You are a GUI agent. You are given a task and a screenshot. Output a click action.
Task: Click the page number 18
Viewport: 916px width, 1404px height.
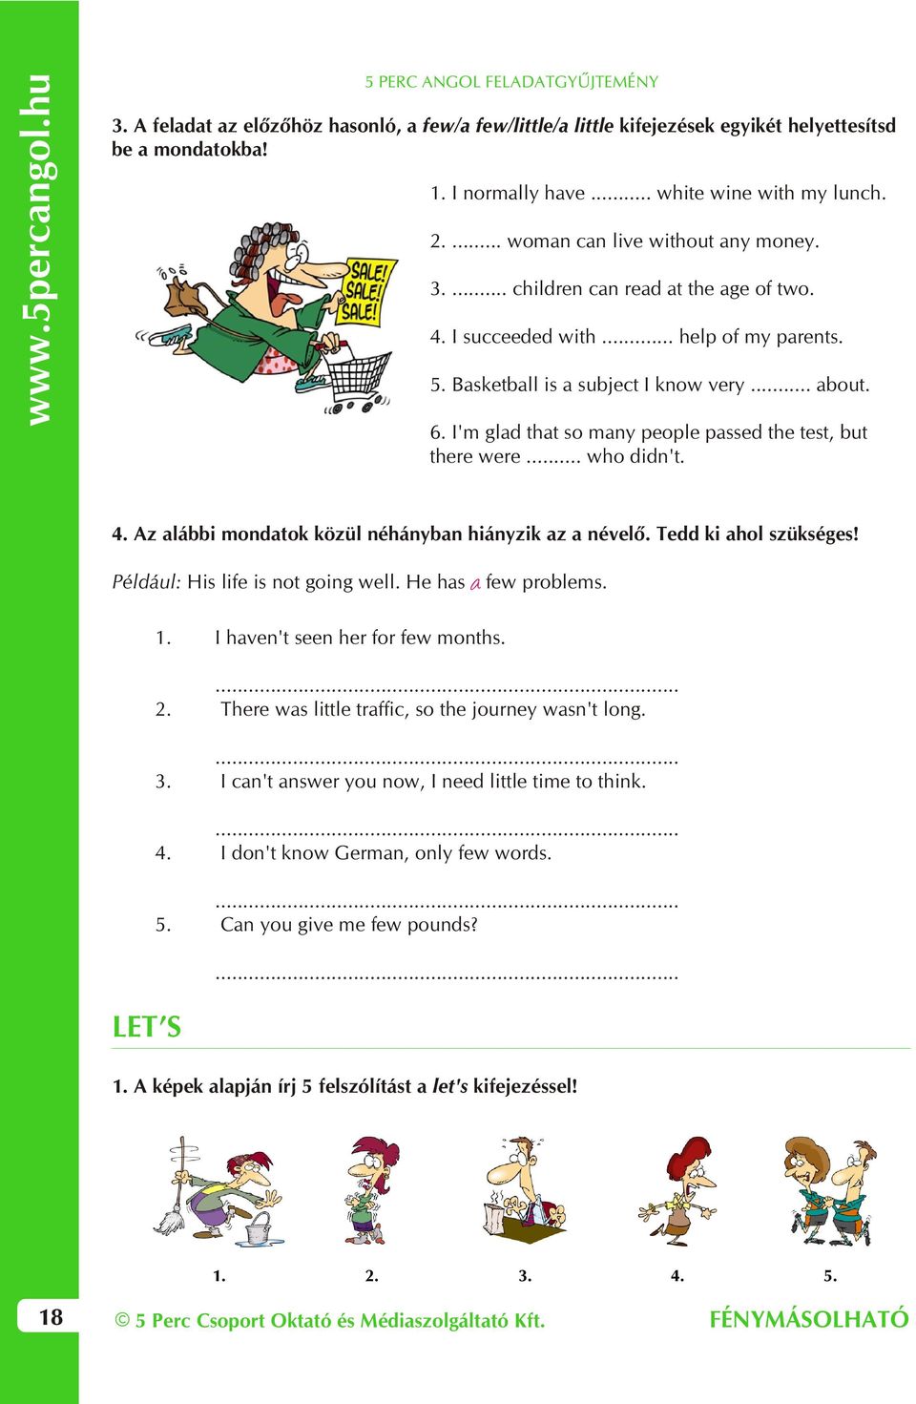(x=51, y=1317)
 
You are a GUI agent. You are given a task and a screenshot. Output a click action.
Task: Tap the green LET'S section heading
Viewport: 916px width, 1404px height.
(x=146, y=1027)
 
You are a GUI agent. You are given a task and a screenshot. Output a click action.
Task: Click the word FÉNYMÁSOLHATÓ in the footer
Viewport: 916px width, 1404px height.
(x=808, y=1319)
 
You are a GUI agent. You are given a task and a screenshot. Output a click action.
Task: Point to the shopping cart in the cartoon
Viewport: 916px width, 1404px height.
(x=358, y=377)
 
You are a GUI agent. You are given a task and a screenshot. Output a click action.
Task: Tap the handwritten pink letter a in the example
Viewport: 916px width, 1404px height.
(x=475, y=583)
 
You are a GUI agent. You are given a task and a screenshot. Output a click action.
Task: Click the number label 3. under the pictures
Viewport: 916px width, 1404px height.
(x=525, y=1275)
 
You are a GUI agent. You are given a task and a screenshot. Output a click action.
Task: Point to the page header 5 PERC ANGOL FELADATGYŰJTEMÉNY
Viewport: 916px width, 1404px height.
(x=511, y=82)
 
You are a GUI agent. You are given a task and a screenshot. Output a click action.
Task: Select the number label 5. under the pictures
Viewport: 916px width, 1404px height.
(x=830, y=1275)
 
